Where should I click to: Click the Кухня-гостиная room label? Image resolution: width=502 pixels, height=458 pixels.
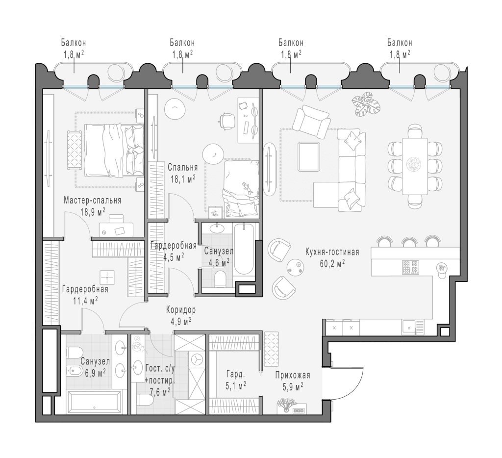point(332,252)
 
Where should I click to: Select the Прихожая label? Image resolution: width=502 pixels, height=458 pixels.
point(293,375)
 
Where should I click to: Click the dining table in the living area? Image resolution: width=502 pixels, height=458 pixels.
point(415,166)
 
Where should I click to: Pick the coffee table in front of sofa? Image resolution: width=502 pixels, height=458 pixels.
point(309,156)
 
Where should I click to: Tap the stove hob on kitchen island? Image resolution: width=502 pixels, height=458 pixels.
point(410,267)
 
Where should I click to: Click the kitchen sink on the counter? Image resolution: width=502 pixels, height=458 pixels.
point(409,328)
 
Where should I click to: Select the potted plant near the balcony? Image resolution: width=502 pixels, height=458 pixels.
point(366,104)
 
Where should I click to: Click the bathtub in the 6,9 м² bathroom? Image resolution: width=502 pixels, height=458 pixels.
point(95,402)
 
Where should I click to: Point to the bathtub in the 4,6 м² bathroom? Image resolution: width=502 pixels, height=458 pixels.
point(244,250)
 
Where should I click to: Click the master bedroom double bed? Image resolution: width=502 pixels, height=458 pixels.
point(113,150)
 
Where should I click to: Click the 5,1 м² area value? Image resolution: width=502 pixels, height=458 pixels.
point(236,385)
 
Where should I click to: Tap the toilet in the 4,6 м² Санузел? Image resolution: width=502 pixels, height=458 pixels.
point(221,279)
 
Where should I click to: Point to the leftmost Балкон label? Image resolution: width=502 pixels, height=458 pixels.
point(74,42)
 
